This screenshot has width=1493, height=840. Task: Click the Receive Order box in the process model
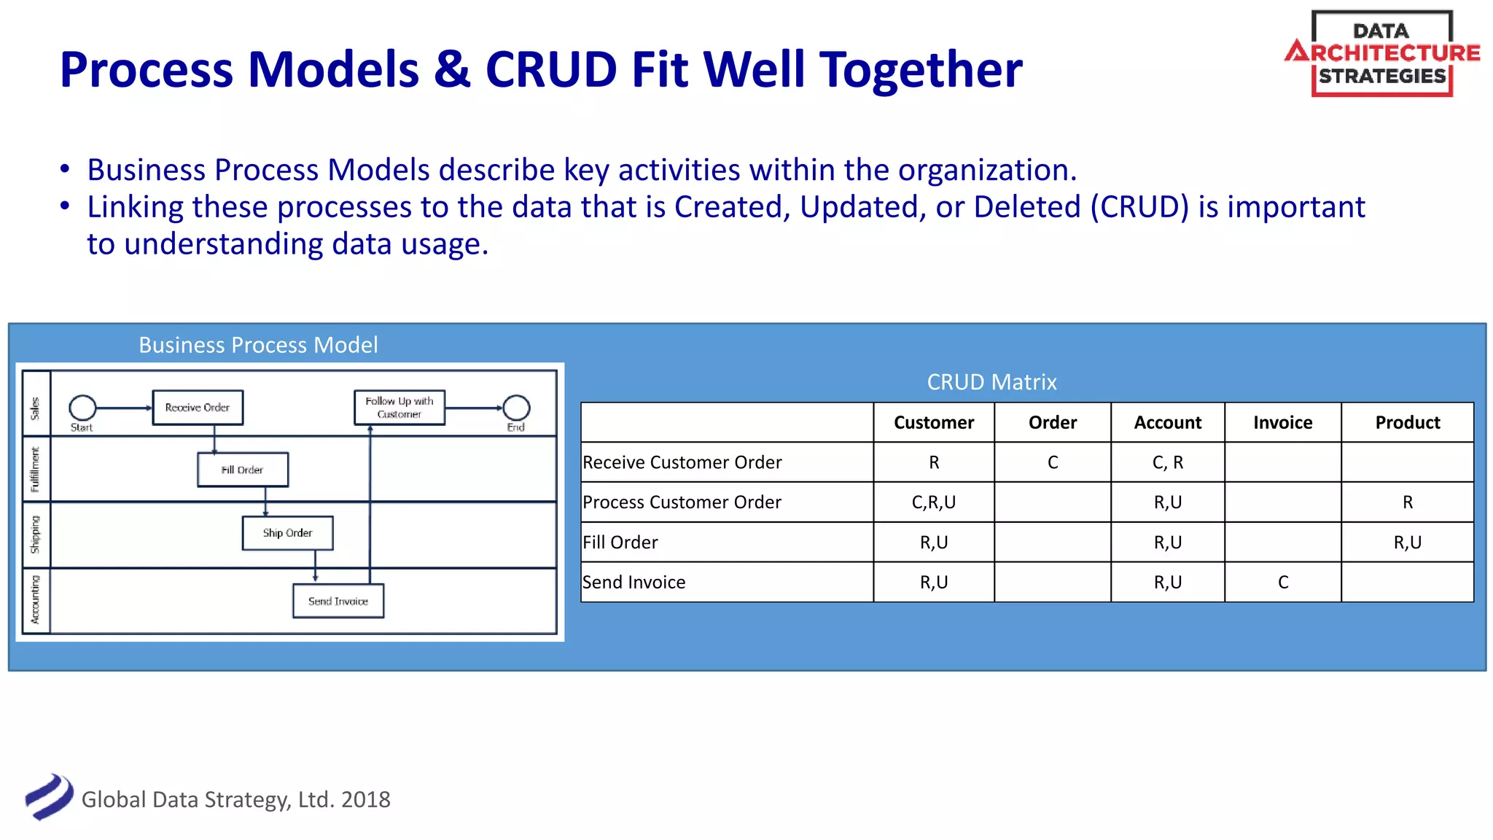pos(198,408)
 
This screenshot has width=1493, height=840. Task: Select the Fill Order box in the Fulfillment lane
pos(243,470)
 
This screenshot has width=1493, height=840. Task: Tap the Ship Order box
pos(287,533)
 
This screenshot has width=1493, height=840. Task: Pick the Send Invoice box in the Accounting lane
pos(338,601)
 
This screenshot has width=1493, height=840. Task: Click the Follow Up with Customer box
pos(399,408)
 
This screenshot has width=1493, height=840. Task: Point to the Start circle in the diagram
pos(82,408)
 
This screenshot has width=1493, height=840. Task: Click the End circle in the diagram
pos(516,408)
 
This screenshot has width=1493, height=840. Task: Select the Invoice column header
pos(1282,422)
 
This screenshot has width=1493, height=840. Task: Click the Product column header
pos(1407,422)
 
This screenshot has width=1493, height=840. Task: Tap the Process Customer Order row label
pos(682,502)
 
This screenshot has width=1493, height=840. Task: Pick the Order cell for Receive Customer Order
pos(1052,462)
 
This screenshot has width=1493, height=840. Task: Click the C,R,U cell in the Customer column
pos(933,502)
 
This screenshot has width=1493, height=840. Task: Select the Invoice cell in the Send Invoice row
pos(1282,582)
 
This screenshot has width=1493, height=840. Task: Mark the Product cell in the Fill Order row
pos(1407,542)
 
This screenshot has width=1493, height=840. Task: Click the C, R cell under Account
pos(1167,462)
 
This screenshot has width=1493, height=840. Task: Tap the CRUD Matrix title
pos(991,382)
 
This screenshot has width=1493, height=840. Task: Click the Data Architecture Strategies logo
pos(1381,53)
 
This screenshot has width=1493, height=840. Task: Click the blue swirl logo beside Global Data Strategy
pos(49,797)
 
